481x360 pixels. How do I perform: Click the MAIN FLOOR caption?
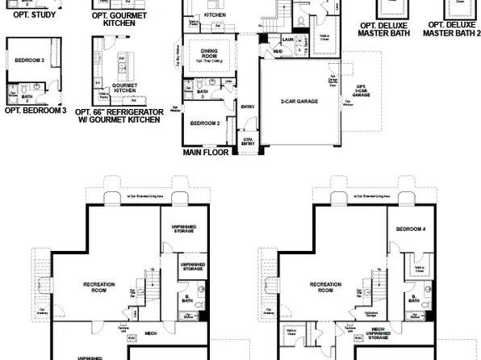coord(205,151)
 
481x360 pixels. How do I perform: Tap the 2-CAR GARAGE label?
coord(297,103)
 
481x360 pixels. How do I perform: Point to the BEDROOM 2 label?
coord(205,123)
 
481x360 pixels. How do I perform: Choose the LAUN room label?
coord(287,39)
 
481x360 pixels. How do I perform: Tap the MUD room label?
coord(278,51)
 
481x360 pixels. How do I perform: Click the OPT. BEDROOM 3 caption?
coord(35,111)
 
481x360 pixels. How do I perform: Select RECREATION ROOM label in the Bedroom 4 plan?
coord(316,287)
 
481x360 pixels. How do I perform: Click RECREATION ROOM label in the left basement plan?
coord(100,287)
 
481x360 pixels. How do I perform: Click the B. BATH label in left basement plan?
coord(187,298)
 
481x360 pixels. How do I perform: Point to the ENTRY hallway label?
coord(248,105)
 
